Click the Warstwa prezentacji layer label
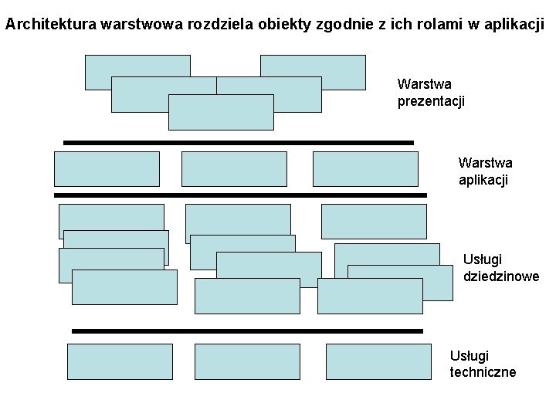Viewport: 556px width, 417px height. [430, 92]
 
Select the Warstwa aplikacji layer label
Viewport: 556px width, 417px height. [484, 171]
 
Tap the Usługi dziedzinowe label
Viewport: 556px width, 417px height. [500, 267]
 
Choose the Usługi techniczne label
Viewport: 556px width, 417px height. [483, 364]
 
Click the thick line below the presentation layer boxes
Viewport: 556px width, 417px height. [238, 143]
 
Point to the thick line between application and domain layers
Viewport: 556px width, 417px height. [240, 195]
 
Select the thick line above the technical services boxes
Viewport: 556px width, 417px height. [247, 331]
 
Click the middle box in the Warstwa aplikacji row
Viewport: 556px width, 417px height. [234, 169]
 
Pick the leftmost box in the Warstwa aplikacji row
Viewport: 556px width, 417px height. [107, 169]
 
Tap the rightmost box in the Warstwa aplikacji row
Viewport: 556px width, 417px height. [365, 169]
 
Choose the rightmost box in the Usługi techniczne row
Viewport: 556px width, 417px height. [378, 361]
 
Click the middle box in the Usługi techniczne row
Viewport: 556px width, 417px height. [247, 361]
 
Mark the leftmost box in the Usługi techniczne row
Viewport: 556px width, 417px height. [120, 361]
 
